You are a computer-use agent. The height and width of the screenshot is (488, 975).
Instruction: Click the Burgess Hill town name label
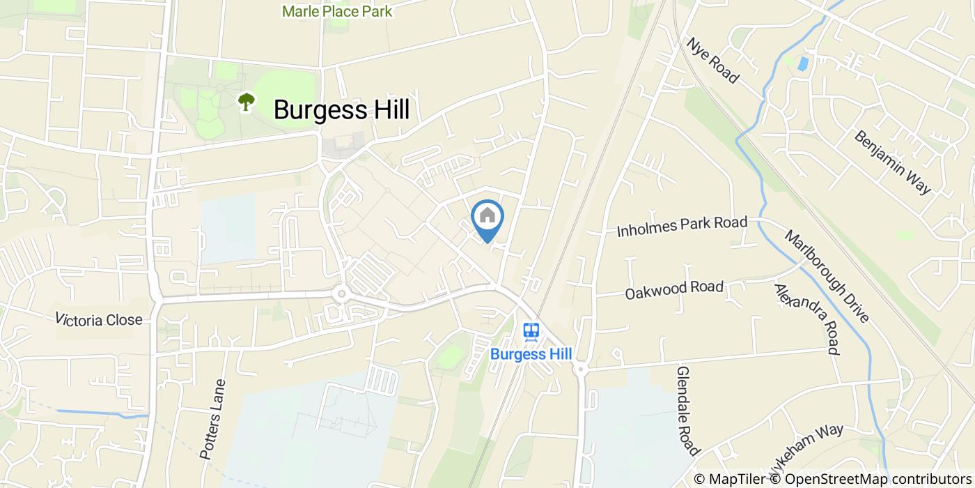tap(341, 109)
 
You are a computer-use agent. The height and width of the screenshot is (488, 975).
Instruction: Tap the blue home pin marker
tap(487, 218)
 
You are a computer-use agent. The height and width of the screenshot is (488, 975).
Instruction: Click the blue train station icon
tap(531, 330)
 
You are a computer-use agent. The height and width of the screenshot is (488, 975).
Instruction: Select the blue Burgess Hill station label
tap(531, 353)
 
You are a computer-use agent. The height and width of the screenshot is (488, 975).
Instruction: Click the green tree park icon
tap(246, 102)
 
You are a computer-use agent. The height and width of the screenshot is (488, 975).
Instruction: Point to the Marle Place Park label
tap(337, 11)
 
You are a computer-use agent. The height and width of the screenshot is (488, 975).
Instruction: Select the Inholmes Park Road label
tap(682, 227)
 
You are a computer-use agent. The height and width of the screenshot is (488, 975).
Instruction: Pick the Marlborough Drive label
tap(827, 276)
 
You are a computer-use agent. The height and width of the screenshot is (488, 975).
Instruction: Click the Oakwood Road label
tap(674, 289)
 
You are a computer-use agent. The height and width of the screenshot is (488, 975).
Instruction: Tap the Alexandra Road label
tap(805, 319)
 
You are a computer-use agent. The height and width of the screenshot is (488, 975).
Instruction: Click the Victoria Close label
tap(99, 320)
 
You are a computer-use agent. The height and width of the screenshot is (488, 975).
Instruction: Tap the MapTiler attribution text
tap(730, 479)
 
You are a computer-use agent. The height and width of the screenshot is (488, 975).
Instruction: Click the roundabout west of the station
tap(341, 294)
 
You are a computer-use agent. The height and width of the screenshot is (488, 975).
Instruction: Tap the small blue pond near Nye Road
tap(803, 64)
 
